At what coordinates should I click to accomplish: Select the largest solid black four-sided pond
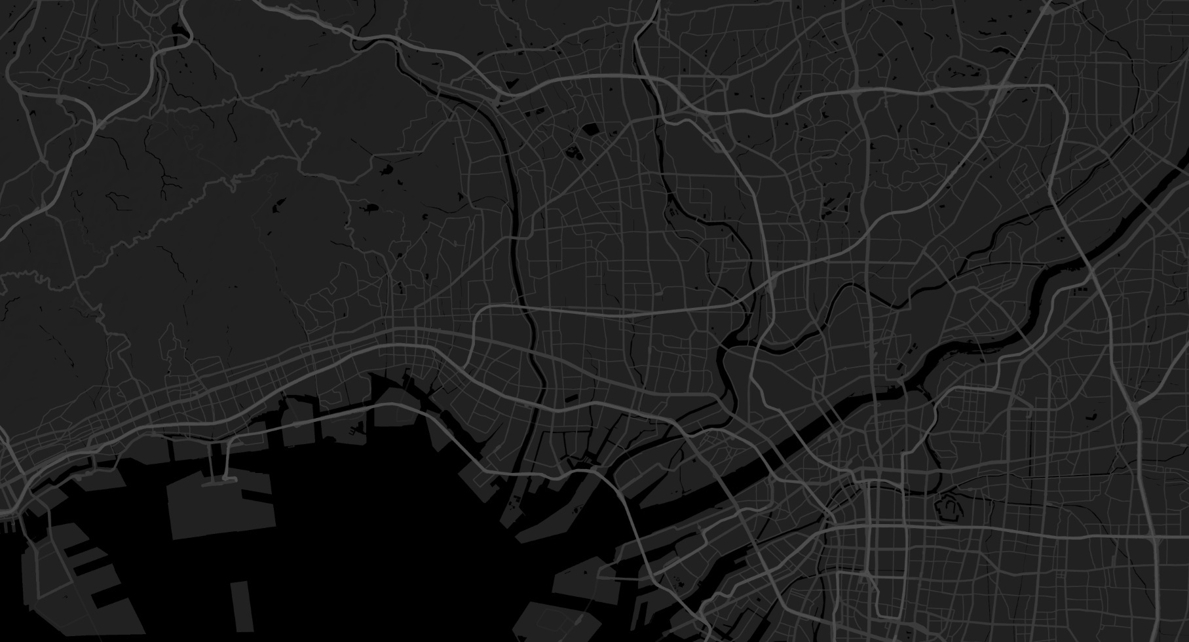590,129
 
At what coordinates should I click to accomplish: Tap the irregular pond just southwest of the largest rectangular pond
574,153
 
